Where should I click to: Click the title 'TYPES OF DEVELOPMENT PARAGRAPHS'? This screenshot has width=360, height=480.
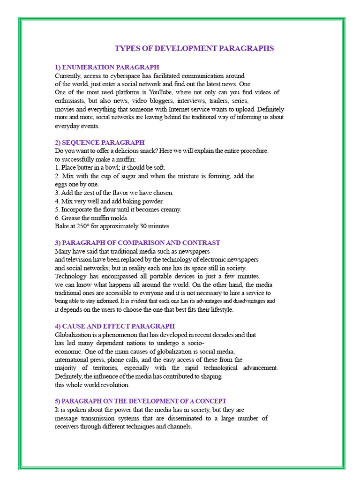(x=194, y=48)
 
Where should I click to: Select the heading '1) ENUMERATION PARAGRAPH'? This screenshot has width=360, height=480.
(x=107, y=67)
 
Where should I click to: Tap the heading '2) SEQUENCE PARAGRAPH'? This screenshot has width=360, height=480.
(x=99, y=142)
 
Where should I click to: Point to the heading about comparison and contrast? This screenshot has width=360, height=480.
(x=137, y=243)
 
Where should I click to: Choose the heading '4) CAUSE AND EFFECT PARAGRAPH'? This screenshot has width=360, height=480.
(x=115, y=326)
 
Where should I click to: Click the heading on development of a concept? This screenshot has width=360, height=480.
(x=141, y=401)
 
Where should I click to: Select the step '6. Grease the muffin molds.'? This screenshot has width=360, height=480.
(x=91, y=218)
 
